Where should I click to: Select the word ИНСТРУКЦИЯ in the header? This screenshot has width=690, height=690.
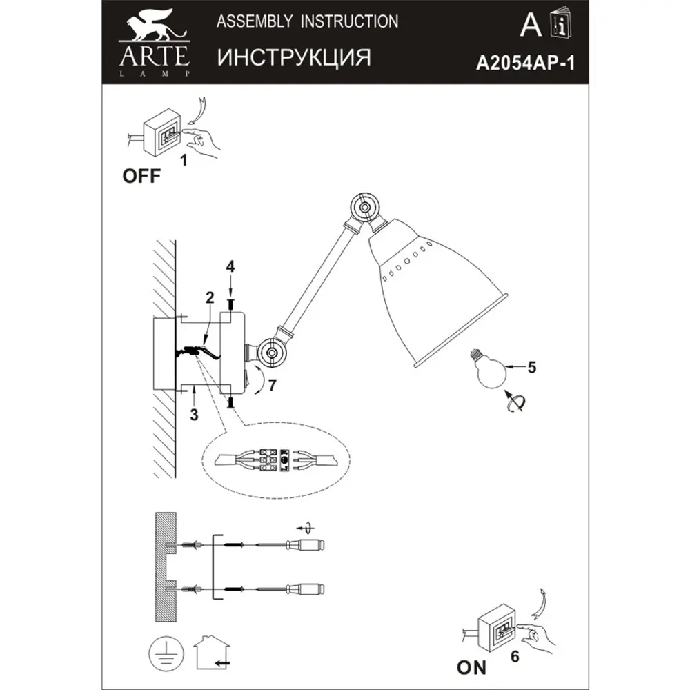[x=294, y=57]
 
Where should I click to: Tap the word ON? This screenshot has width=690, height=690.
[x=471, y=667]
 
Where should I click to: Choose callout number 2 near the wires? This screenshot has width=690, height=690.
[x=208, y=299]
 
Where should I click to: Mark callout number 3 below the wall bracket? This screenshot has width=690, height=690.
[x=194, y=415]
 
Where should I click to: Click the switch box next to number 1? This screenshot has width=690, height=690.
[x=161, y=133]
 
